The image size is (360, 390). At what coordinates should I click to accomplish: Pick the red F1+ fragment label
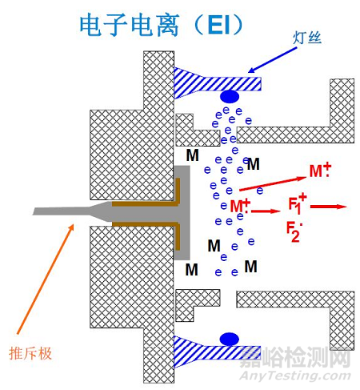pos(297,203)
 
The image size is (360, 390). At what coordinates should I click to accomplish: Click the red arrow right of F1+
pos(327,206)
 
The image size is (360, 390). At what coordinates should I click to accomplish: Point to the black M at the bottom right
pos(250,265)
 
